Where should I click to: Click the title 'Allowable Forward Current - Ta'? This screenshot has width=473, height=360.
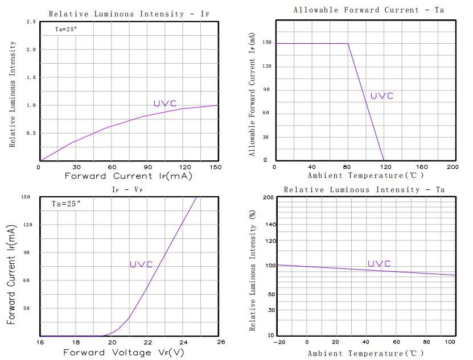(369, 10)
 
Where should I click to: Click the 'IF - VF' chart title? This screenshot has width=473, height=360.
(127, 189)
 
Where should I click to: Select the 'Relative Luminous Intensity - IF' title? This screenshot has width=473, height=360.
(129, 14)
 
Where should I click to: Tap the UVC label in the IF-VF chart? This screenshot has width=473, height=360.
(141, 264)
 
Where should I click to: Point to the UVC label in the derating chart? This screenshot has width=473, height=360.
(382, 96)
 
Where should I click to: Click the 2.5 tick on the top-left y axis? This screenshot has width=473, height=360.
(31, 22)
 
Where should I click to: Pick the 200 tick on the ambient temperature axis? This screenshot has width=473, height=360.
(453, 167)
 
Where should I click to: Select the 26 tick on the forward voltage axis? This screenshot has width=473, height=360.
(221, 342)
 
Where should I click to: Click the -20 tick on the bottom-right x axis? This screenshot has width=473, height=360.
(279, 342)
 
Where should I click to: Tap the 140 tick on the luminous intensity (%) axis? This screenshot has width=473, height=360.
(271, 224)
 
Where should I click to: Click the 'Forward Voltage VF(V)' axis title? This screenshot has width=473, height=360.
(124, 353)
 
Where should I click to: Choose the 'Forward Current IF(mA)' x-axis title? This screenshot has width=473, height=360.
(129, 176)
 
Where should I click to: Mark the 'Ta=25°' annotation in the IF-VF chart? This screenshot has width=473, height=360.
(66, 204)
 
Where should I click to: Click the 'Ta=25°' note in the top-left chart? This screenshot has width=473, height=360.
(66, 29)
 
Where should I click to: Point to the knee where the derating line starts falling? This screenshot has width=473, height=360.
(348, 43)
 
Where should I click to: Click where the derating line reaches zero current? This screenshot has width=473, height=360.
(384, 160)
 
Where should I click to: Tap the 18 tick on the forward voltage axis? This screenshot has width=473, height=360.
(76, 342)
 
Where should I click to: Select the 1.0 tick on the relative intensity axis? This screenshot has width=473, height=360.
(31, 105)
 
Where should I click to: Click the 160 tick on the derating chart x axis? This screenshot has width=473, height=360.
(422, 167)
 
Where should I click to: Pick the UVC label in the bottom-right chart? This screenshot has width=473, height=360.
(379, 263)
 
